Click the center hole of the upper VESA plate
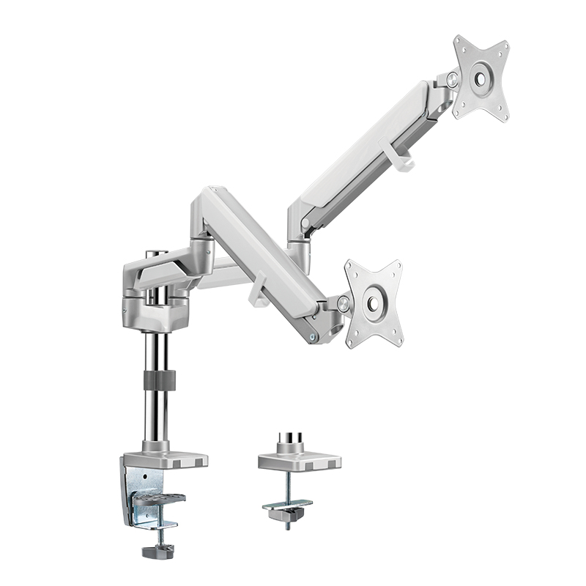coord(481,77)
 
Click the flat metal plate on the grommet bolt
coord(287,505)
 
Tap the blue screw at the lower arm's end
coord(314,338)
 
